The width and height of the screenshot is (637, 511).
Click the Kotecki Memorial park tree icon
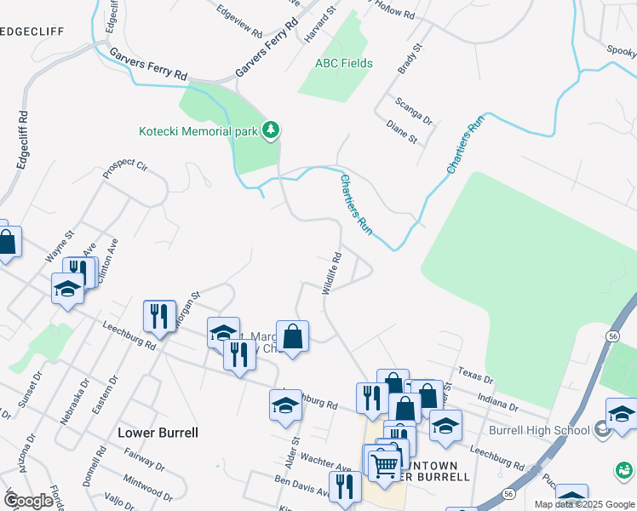click(272, 130)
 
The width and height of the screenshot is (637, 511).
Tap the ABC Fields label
click(344, 63)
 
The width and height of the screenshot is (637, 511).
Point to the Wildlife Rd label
click(332, 273)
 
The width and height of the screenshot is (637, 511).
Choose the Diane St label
click(401, 132)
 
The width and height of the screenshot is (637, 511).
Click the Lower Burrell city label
click(158, 432)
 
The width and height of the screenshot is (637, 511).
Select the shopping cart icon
click(385, 463)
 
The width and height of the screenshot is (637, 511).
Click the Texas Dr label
click(475, 375)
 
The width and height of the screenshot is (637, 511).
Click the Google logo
click(28, 501)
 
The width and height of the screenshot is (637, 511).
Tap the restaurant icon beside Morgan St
click(159, 317)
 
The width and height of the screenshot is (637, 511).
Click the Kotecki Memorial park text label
click(198, 131)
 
